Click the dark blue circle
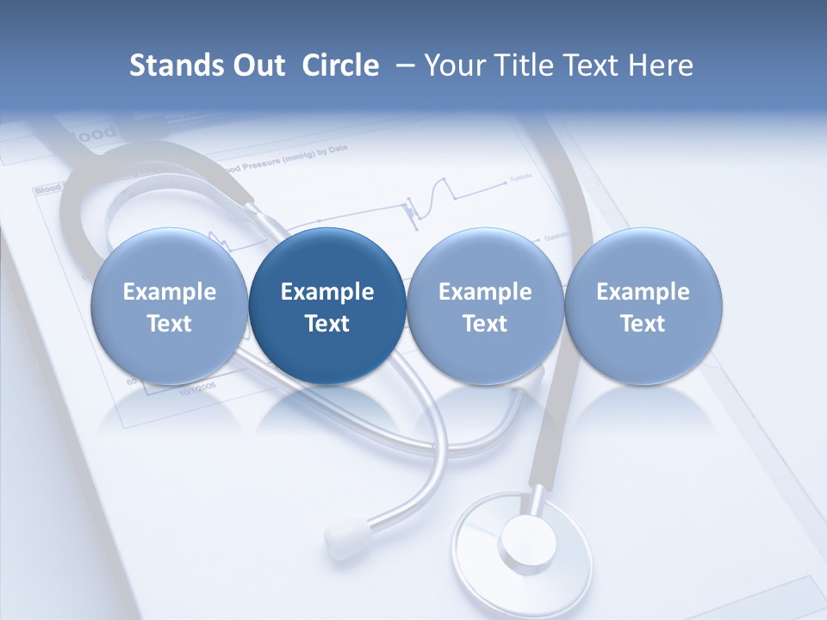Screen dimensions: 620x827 coord(327,307)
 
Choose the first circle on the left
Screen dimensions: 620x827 coord(170,307)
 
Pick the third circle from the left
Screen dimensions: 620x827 coord(485,307)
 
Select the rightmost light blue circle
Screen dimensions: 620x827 coord(643,307)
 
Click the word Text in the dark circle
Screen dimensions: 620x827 coord(327,324)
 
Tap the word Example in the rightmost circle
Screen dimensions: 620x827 coord(643,292)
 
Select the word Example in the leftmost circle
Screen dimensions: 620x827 coord(170,292)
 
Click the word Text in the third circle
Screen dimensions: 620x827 coord(485,324)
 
